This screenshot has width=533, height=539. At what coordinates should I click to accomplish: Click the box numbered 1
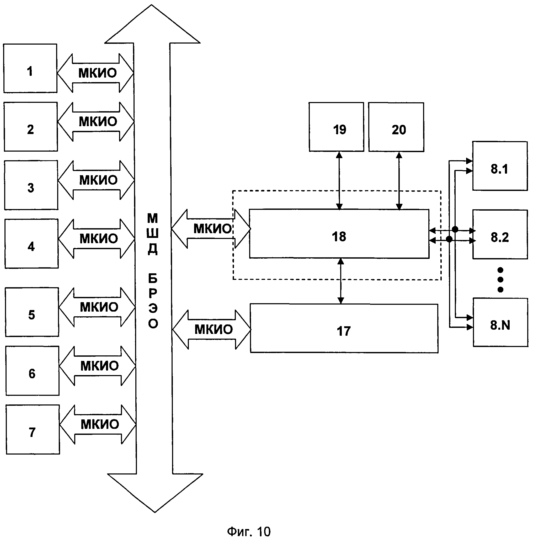tap(30, 68)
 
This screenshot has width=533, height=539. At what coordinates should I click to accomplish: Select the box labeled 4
tap(31, 244)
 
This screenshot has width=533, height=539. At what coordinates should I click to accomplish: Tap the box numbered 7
tap(33, 429)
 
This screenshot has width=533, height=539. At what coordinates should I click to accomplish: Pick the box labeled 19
tap(336, 127)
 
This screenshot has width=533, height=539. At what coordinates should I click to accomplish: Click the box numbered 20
tap(396, 127)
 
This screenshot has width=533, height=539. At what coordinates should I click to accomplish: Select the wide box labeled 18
tap(339, 234)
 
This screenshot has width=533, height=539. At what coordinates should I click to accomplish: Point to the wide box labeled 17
tap(344, 328)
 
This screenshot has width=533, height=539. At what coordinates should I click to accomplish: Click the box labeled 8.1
tap(500, 166)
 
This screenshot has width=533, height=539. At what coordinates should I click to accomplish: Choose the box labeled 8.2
tap(500, 234)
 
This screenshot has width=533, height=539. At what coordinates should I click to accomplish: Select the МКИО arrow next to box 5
tap(97, 307)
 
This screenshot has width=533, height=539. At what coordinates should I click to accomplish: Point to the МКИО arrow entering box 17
tap(211, 329)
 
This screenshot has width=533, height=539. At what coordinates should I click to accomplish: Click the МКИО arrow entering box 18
tap(211, 229)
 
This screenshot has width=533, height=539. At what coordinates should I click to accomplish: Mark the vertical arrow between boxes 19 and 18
tap(339, 180)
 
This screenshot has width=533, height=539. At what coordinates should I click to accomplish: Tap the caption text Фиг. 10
tap(249, 531)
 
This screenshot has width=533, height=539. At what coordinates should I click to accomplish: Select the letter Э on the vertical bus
tap(153, 308)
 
